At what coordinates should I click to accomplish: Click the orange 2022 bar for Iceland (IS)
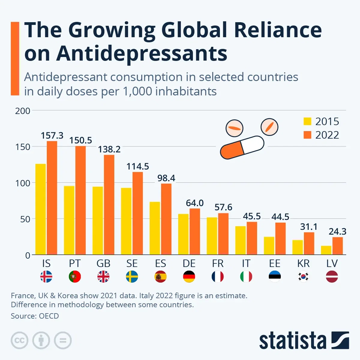pyautogui.click(x=52, y=198)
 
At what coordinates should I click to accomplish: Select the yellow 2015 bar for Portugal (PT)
pyautogui.click(x=69, y=220)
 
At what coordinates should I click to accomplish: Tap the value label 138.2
pyautogui.click(x=109, y=149)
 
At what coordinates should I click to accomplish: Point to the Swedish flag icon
pyautogui.click(x=132, y=277)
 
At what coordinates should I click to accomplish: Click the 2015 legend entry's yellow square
pyautogui.click(x=307, y=121)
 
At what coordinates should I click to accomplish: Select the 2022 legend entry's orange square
pyautogui.click(x=307, y=135)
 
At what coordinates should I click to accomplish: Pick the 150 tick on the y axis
pyautogui.click(x=23, y=147)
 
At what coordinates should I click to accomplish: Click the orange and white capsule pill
pyautogui.click(x=242, y=147)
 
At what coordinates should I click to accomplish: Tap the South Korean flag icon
pyautogui.click(x=303, y=277)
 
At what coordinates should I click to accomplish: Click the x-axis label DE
pyautogui.click(x=189, y=263)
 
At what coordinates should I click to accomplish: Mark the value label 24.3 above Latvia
pyautogui.click(x=337, y=232)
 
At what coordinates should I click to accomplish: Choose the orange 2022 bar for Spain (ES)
pyautogui.click(x=166, y=219)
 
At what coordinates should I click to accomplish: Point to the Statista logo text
pyautogui.click(x=292, y=341)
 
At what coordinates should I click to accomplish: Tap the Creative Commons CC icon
pyautogui.click(x=19, y=340)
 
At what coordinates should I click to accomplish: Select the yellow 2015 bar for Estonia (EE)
pyautogui.click(x=269, y=246)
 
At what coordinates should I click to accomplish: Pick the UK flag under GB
pyautogui.click(x=103, y=277)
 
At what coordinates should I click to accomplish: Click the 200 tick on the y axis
pyautogui.click(x=23, y=111)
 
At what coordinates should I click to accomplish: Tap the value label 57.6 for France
pyautogui.click(x=223, y=207)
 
